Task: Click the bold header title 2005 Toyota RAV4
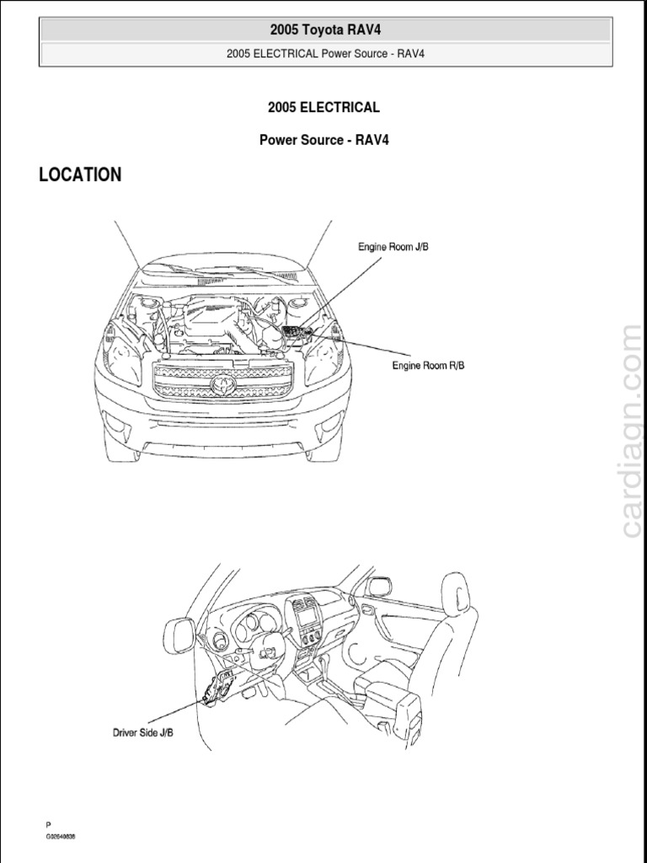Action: pos(325,29)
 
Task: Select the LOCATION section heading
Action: pos(80,174)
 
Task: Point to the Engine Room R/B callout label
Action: pos(428,365)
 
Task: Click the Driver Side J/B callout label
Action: pos(143,732)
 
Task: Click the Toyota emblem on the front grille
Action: pos(223,384)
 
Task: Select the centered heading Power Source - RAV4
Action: pos(323,140)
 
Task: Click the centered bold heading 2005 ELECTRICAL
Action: pos(323,107)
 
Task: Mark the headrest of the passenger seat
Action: pos(456,589)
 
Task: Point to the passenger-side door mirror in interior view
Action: pos(380,586)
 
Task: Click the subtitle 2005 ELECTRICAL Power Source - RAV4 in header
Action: pos(325,54)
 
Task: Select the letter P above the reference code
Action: pos(48,824)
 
